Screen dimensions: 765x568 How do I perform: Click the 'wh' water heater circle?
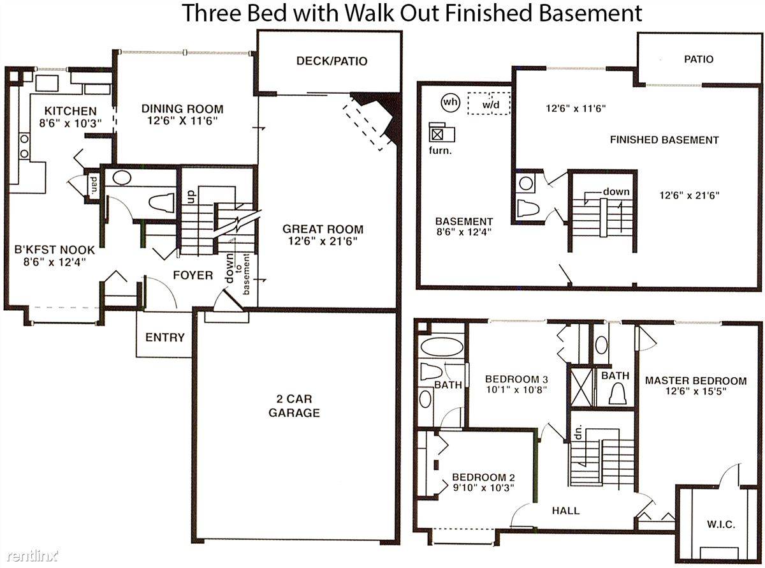tap(451, 102)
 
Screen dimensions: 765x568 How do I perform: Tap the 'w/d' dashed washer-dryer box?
tap(489, 103)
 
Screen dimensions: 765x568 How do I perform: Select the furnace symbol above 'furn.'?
tap(442, 132)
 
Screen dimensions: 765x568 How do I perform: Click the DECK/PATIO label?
tap(331, 61)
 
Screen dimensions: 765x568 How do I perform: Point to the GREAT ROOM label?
tap(323, 229)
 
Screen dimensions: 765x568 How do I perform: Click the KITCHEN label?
tap(71, 111)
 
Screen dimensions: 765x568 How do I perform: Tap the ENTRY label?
tap(165, 337)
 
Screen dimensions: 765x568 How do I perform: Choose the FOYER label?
tap(193, 275)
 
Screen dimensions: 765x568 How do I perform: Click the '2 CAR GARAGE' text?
tap(294, 406)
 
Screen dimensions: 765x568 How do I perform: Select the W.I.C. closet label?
tap(721, 525)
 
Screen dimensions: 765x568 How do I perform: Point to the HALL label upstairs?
tap(565, 511)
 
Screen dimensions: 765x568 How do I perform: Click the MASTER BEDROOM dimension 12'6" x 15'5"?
tap(696, 391)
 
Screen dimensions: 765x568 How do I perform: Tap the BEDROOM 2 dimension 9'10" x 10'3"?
tap(484, 488)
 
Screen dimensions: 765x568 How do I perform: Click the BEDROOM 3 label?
tap(516, 379)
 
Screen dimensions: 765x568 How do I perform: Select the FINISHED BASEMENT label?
tap(664, 140)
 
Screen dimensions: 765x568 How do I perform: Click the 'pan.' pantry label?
tap(94, 184)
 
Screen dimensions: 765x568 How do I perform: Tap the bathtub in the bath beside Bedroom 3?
tap(442, 347)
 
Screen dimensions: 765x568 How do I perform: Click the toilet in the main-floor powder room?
tap(161, 203)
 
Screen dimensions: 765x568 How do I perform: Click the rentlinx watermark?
tap(33, 556)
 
